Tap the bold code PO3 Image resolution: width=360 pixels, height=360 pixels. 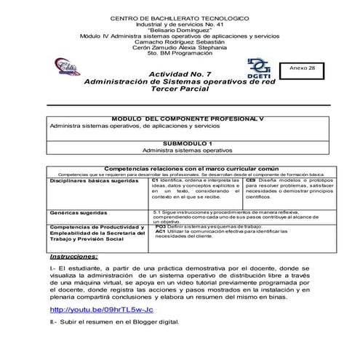161,227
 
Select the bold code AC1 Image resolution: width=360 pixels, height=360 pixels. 161,232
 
